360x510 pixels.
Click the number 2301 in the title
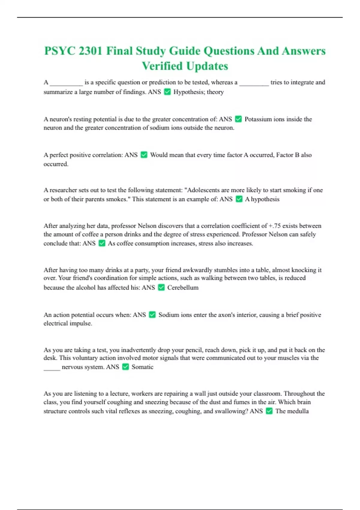click(x=90, y=51)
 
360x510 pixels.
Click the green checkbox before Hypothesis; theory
click(x=167, y=92)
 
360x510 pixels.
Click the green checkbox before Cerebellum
click(x=161, y=287)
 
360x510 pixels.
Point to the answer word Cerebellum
click(x=183, y=287)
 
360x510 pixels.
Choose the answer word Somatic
click(x=142, y=367)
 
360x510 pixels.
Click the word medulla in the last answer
click(x=297, y=411)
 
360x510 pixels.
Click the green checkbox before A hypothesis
click(x=239, y=199)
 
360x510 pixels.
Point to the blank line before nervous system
click(x=52, y=368)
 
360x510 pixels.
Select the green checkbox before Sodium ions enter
click(x=152, y=315)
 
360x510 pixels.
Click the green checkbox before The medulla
click(x=269, y=411)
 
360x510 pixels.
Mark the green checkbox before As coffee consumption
click(x=102, y=243)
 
